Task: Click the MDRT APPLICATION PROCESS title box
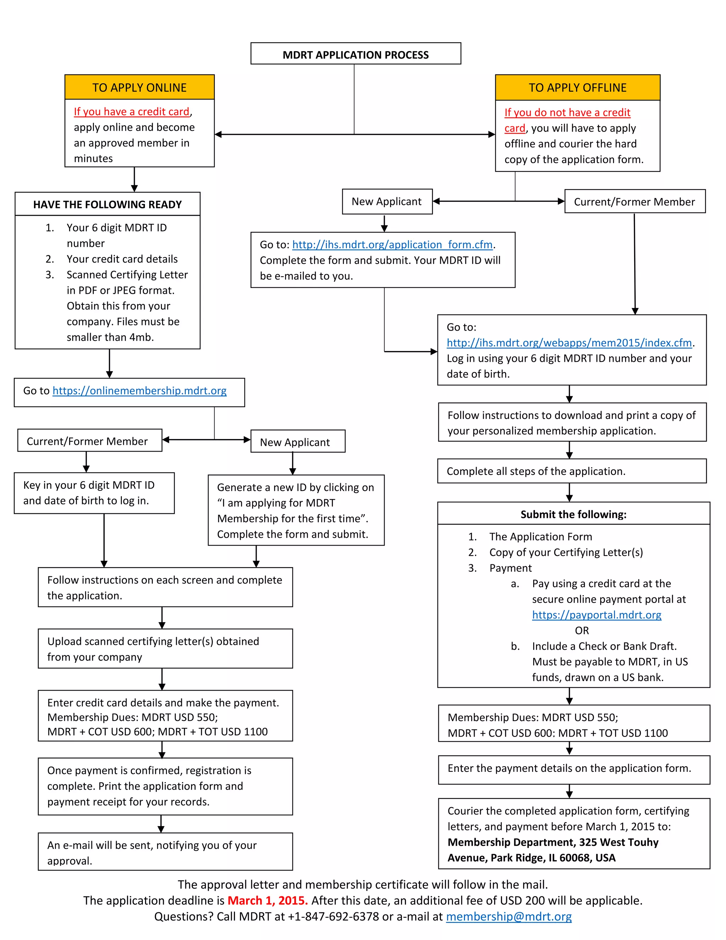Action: [x=355, y=54]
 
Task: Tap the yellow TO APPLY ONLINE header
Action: [x=139, y=87]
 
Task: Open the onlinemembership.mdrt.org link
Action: [x=139, y=391]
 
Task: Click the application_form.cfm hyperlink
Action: [x=392, y=245]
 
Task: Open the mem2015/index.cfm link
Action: [x=569, y=343]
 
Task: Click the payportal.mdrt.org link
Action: [x=597, y=615]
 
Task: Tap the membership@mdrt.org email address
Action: [x=509, y=917]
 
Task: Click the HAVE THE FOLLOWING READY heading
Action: [x=107, y=204]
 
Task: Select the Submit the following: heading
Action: [x=573, y=514]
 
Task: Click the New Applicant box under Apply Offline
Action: [x=387, y=202]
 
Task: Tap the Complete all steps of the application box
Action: [x=571, y=471]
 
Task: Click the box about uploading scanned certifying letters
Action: [x=165, y=649]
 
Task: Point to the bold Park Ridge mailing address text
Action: [x=553, y=850]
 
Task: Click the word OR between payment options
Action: [x=581, y=631]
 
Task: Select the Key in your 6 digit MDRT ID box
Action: [x=94, y=493]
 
